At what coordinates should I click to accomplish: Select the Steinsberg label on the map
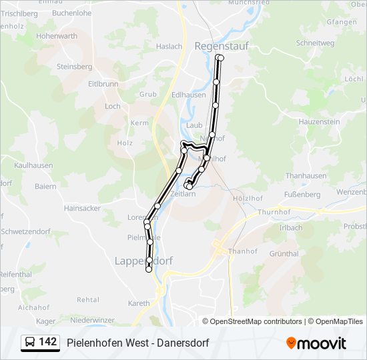click(x=74, y=67)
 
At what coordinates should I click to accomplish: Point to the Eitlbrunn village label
click(x=103, y=84)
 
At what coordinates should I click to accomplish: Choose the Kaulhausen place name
click(x=33, y=165)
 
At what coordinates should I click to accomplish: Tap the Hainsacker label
click(x=82, y=208)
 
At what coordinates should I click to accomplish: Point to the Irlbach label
click(x=290, y=227)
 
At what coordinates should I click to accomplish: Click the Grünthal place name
click(x=284, y=253)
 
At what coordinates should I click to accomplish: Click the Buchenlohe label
click(x=71, y=13)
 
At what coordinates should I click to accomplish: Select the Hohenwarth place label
click(x=57, y=36)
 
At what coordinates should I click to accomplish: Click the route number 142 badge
click(x=48, y=342)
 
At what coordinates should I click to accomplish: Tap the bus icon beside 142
click(x=30, y=343)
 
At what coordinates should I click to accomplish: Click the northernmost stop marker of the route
click(x=220, y=58)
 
